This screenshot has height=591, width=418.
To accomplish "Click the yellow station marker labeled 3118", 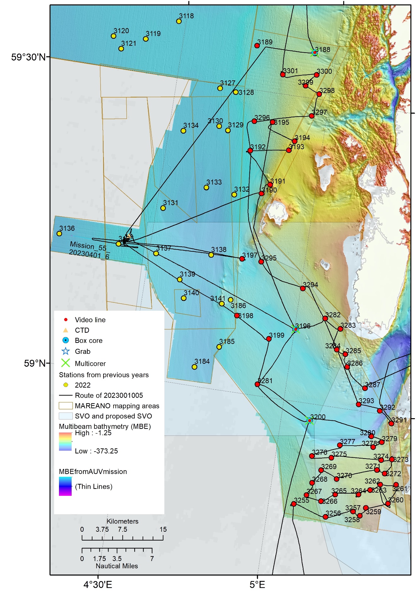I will (x=179, y=21).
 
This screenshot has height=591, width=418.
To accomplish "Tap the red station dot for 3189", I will (x=257, y=46).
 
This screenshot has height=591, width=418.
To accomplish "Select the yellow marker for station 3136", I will (x=59, y=234).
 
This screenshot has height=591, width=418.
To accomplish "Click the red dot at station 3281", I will (x=257, y=384).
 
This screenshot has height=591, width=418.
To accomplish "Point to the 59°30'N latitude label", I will (x=28, y=57).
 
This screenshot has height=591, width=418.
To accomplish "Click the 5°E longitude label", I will (x=257, y=584).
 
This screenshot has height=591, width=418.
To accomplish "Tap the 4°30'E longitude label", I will (x=98, y=584).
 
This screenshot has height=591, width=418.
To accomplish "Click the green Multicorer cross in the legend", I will (x=65, y=363).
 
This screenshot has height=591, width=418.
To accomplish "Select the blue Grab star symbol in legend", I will (x=65, y=351).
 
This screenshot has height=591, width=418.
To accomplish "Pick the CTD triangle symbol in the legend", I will (x=65, y=330).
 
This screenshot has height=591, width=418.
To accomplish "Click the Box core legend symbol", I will (x=65, y=340).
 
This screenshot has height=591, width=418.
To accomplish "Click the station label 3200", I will (x=318, y=417).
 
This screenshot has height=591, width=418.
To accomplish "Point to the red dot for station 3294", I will (x=303, y=288).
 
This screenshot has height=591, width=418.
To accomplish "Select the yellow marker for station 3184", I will (x=195, y=367).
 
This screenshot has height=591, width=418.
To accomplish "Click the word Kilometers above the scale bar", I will (x=122, y=521).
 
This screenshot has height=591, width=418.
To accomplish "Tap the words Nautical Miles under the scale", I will (x=117, y=566).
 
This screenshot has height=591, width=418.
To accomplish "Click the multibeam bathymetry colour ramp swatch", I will (x=65, y=442).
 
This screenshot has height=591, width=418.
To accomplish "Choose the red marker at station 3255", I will (x=294, y=504).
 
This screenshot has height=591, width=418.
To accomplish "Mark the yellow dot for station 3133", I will (x=206, y=188).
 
